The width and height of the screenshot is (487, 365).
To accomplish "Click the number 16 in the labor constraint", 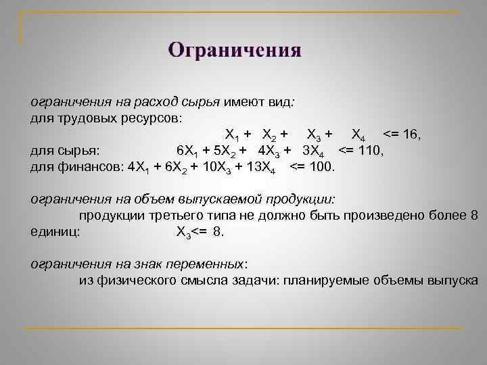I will [411, 135].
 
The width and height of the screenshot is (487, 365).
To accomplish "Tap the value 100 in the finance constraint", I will [323, 166].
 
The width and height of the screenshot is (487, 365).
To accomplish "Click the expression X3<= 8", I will [199, 232].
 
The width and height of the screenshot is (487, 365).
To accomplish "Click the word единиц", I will [54, 231].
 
